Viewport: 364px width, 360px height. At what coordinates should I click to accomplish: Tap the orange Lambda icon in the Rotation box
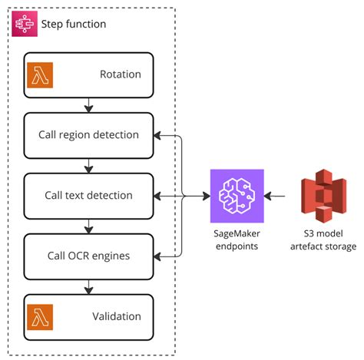point(40,75)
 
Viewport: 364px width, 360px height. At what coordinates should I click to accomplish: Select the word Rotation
point(120,75)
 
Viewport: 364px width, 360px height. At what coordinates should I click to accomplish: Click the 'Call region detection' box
point(88,135)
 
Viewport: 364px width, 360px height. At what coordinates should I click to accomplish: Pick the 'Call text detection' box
point(88,196)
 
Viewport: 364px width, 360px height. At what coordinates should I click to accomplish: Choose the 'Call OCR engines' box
point(88,256)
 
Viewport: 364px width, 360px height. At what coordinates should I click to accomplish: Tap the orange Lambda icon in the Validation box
point(40,316)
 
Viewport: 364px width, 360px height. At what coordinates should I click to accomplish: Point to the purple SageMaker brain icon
point(237,196)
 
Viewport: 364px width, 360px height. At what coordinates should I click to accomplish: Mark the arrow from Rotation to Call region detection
point(89,105)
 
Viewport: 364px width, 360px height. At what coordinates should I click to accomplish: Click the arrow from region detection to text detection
point(89,165)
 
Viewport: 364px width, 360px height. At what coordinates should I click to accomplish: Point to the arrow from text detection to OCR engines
point(89,226)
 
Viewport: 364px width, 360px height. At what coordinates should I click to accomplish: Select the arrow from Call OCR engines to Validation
point(89,286)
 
